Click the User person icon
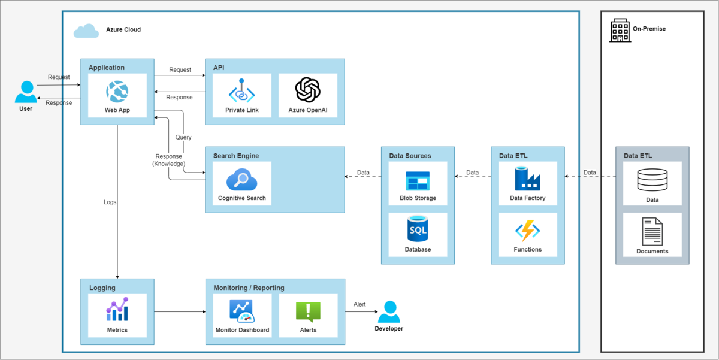(x=26, y=92)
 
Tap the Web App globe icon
(x=117, y=92)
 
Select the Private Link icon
(x=241, y=90)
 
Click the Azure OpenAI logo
(x=307, y=90)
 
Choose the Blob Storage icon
(x=418, y=181)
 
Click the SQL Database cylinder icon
(x=418, y=229)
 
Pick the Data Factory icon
(x=527, y=179)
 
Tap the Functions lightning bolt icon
(x=527, y=231)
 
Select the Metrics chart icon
(x=117, y=310)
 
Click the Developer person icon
(x=389, y=312)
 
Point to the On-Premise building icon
(x=620, y=30)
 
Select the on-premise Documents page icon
(x=652, y=231)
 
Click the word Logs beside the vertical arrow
(x=110, y=202)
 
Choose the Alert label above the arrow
(x=359, y=304)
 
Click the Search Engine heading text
(x=236, y=156)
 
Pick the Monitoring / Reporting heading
(x=249, y=288)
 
